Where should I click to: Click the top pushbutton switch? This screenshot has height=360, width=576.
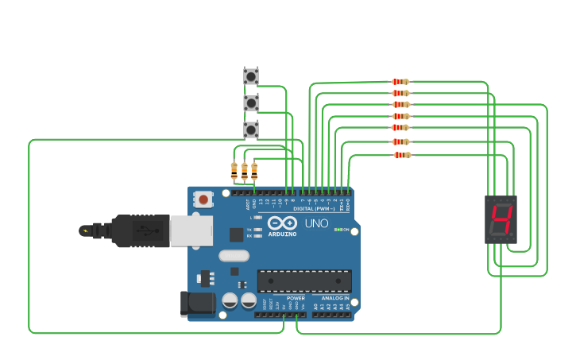(x=251, y=76)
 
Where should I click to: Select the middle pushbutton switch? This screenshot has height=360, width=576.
(x=251, y=103)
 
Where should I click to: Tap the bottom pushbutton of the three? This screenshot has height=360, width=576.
(x=251, y=130)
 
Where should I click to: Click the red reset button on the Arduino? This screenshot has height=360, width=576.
(x=203, y=199)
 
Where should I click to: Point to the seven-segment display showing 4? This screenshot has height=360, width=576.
(x=501, y=220)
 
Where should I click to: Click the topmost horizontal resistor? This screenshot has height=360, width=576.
(x=400, y=82)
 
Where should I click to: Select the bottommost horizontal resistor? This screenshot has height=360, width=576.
(x=402, y=155)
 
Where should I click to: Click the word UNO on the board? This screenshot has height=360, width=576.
(x=316, y=223)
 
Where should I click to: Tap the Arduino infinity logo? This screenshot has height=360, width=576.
(x=282, y=223)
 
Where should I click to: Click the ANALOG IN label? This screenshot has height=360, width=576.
(x=331, y=298)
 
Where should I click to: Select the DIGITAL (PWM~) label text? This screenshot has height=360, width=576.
(x=314, y=208)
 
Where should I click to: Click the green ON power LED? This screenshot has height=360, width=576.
(x=337, y=230)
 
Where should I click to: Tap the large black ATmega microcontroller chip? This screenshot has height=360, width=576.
(x=304, y=281)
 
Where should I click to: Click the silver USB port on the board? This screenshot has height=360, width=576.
(x=191, y=230)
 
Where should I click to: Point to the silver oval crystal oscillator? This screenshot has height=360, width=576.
(x=234, y=256)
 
